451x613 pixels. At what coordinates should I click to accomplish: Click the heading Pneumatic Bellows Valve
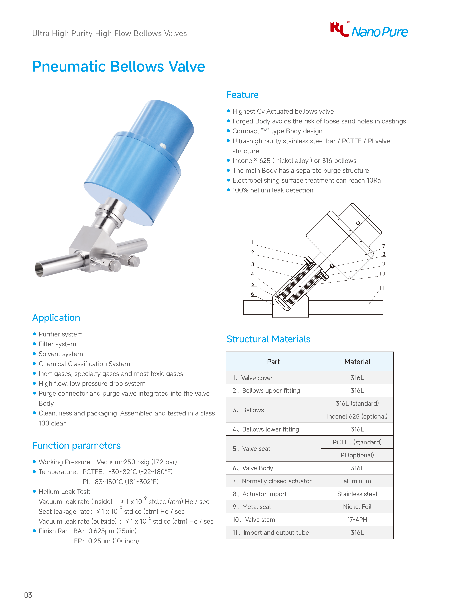pyautogui.click(x=119, y=66)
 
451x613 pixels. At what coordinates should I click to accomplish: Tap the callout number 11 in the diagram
pyautogui.click(x=382, y=288)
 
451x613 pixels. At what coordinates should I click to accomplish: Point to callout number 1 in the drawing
pyautogui.click(x=252, y=243)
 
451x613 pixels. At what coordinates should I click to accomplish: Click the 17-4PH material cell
pyautogui.click(x=357, y=519)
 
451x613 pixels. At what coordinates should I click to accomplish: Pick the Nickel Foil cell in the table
pyautogui.click(x=357, y=507)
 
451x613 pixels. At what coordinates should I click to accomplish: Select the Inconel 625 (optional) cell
pyautogui.click(x=357, y=416)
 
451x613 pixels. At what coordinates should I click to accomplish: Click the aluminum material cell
pyautogui.click(x=357, y=481)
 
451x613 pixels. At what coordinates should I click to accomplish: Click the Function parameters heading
pyautogui.click(x=77, y=445)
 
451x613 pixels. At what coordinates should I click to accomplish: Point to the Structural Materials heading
pyautogui.click(x=268, y=339)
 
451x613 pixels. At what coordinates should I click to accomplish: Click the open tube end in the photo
pyautogui.click(x=40, y=269)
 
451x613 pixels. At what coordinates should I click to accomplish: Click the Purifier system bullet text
pyautogui.click(x=61, y=334)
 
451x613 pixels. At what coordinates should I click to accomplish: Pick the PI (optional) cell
pyautogui.click(x=357, y=455)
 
